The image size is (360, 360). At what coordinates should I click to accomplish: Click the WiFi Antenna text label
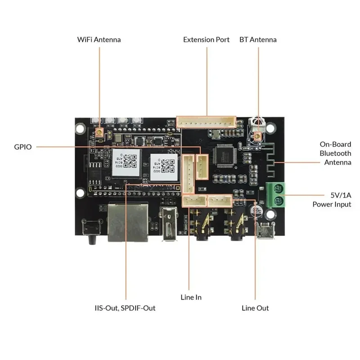(99, 40)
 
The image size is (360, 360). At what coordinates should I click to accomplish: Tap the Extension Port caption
(206, 40)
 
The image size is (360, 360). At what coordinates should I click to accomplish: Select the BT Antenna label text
(258, 40)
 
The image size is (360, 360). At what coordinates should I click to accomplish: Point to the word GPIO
(22, 147)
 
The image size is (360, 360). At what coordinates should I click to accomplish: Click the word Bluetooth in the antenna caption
(335, 153)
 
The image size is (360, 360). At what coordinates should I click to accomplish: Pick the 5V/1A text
(338, 196)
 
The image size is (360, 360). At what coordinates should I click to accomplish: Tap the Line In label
(191, 297)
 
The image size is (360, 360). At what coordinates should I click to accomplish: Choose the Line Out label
(255, 308)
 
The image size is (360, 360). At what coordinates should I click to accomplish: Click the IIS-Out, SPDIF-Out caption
(125, 308)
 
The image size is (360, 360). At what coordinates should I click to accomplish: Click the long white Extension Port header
(207, 122)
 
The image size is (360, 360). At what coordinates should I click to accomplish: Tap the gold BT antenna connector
(257, 136)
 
